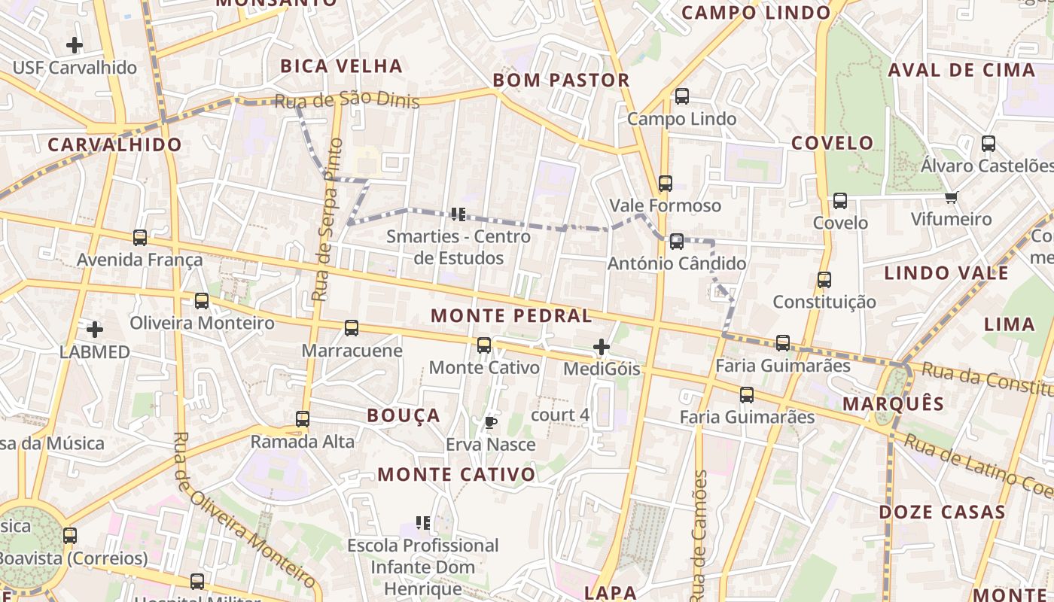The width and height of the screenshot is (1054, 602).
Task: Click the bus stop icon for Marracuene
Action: (352, 328)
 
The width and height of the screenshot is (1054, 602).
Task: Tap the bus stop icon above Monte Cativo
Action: (484, 345)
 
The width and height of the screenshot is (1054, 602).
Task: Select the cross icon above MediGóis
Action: (602, 347)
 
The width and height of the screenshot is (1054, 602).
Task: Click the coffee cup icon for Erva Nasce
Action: (491, 422)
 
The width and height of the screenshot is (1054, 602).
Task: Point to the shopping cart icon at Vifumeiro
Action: (952, 197)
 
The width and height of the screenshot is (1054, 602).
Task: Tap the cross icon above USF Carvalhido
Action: (75, 45)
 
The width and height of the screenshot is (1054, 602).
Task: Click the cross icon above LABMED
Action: (95, 330)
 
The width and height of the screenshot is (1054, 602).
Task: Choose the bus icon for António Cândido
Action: (677, 242)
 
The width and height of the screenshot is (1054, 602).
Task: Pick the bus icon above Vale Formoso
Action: (665, 184)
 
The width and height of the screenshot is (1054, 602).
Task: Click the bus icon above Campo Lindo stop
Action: (681, 96)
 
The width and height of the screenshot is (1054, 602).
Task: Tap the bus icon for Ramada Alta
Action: (303, 419)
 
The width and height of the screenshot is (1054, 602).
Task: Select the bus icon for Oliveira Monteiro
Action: (202, 301)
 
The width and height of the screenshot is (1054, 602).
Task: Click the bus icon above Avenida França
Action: (140, 238)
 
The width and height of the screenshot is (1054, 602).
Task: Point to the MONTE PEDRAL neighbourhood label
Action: (511, 316)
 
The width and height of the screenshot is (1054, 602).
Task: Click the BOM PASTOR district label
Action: (561, 81)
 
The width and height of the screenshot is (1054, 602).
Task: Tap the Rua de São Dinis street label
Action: (346, 101)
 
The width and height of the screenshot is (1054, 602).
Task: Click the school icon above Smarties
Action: (458, 214)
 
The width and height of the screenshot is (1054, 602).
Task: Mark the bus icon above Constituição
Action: (824, 280)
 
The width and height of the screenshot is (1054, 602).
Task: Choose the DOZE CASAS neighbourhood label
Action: (943, 512)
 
